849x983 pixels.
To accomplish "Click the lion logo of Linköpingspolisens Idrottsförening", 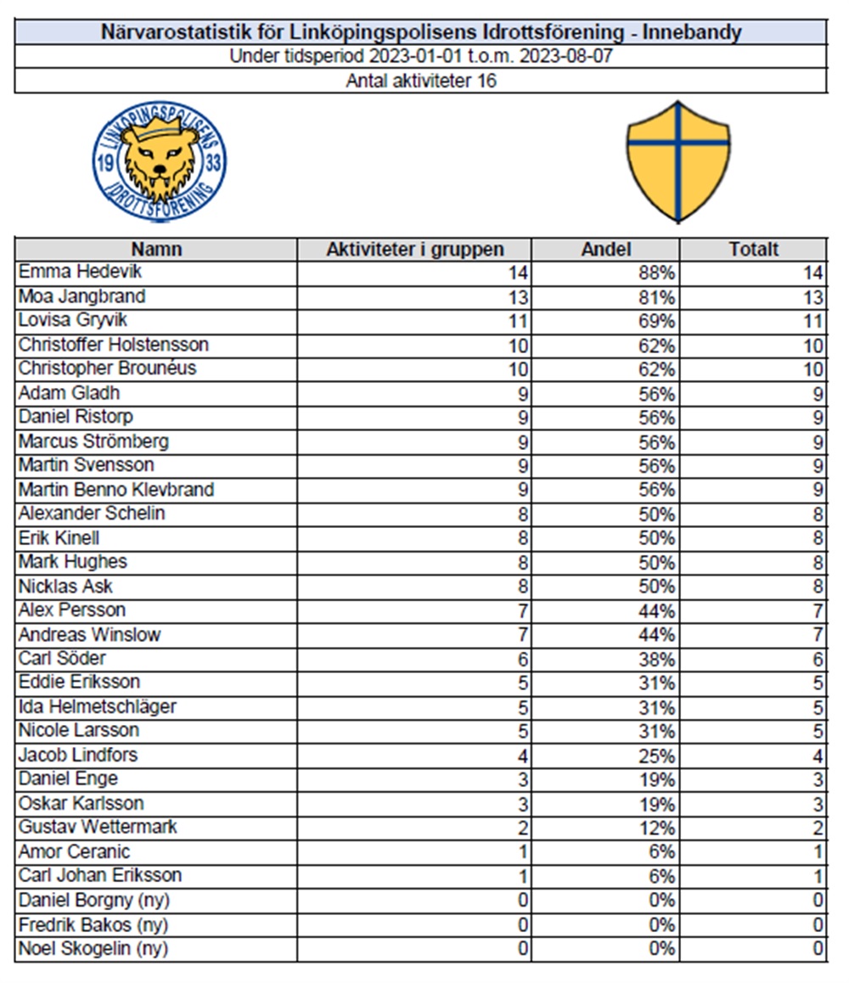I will (x=160, y=163).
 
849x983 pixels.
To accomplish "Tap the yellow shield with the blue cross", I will (x=678, y=161).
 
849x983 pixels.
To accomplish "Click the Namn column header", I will (x=156, y=250).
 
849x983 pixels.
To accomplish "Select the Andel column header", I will (x=605, y=250).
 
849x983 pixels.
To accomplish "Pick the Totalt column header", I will (x=753, y=250).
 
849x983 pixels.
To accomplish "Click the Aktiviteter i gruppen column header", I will (x=414, y=250).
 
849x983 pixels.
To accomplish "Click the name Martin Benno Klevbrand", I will (x=116, y=490).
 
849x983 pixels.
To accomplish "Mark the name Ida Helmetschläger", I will (x=98, y=707).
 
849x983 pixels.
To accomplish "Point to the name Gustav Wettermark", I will (x=98, y=828).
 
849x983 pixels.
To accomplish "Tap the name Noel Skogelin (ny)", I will (x=93, y=948).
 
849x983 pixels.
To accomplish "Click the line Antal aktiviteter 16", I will (x=421, y=81).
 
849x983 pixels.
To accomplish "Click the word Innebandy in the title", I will (x=692, y=33).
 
